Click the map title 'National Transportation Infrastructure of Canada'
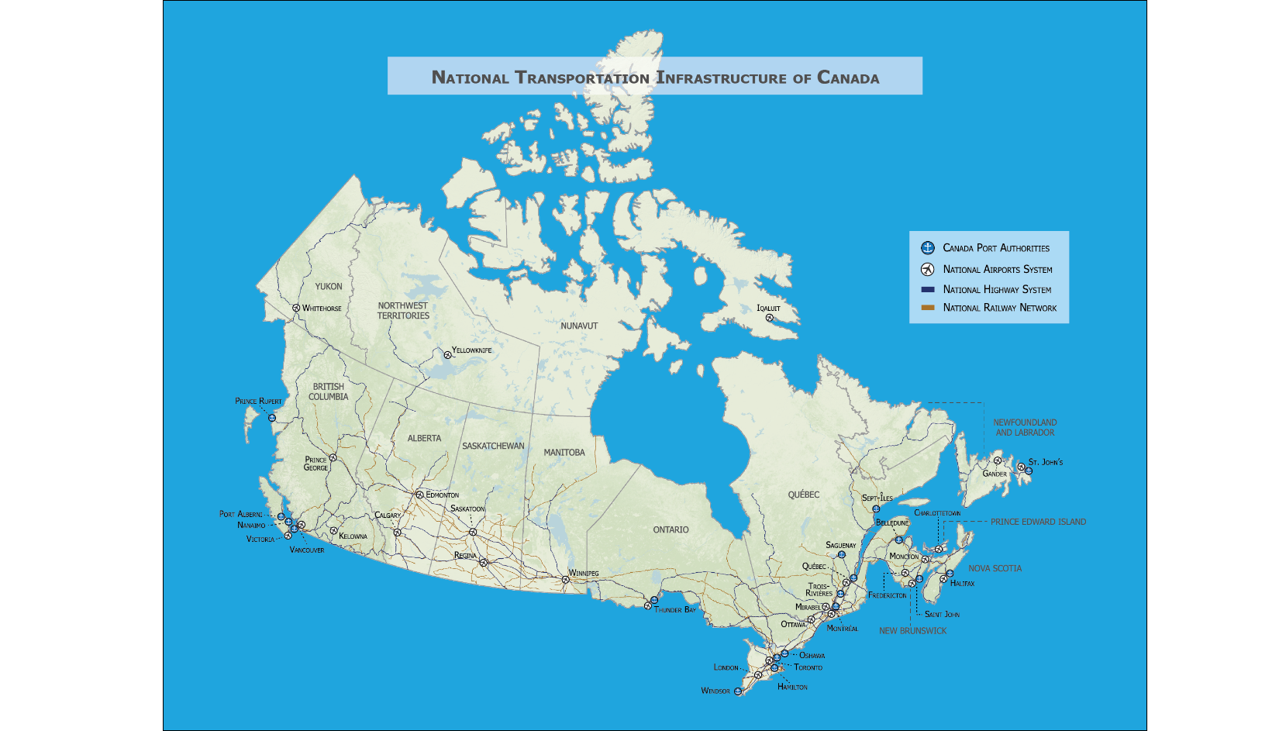coord(655,78)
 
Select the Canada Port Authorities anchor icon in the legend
coord(927,248)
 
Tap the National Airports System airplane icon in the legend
coord(927,269)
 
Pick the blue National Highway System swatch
coord(927,289)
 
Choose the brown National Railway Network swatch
coord(927,308)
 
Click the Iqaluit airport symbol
coord(769,318)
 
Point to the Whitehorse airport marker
coord(296,308)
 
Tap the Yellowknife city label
coord(471,350)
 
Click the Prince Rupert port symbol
coord(272,418)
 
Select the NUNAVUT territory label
coord(579,326)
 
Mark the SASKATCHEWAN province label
coord(493,447)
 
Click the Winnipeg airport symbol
coord(565,579)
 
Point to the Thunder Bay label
coord(674,610)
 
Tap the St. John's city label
coord(1046,462)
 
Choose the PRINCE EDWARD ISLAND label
coord(1038,522)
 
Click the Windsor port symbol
coord(738,691)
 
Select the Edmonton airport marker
coord(419,495)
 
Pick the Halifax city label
coord(962,584)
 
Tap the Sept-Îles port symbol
coord(876,509)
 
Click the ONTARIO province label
coord(671,530)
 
